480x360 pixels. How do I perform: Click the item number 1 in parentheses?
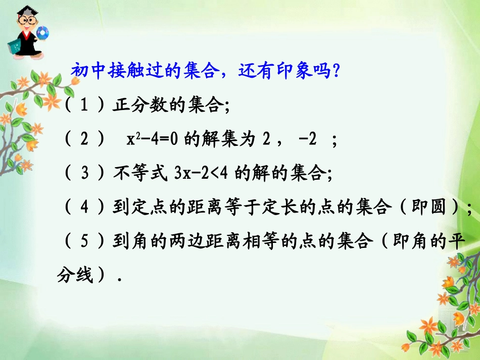point(84,106)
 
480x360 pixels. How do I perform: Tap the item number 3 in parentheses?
point(85,174)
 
